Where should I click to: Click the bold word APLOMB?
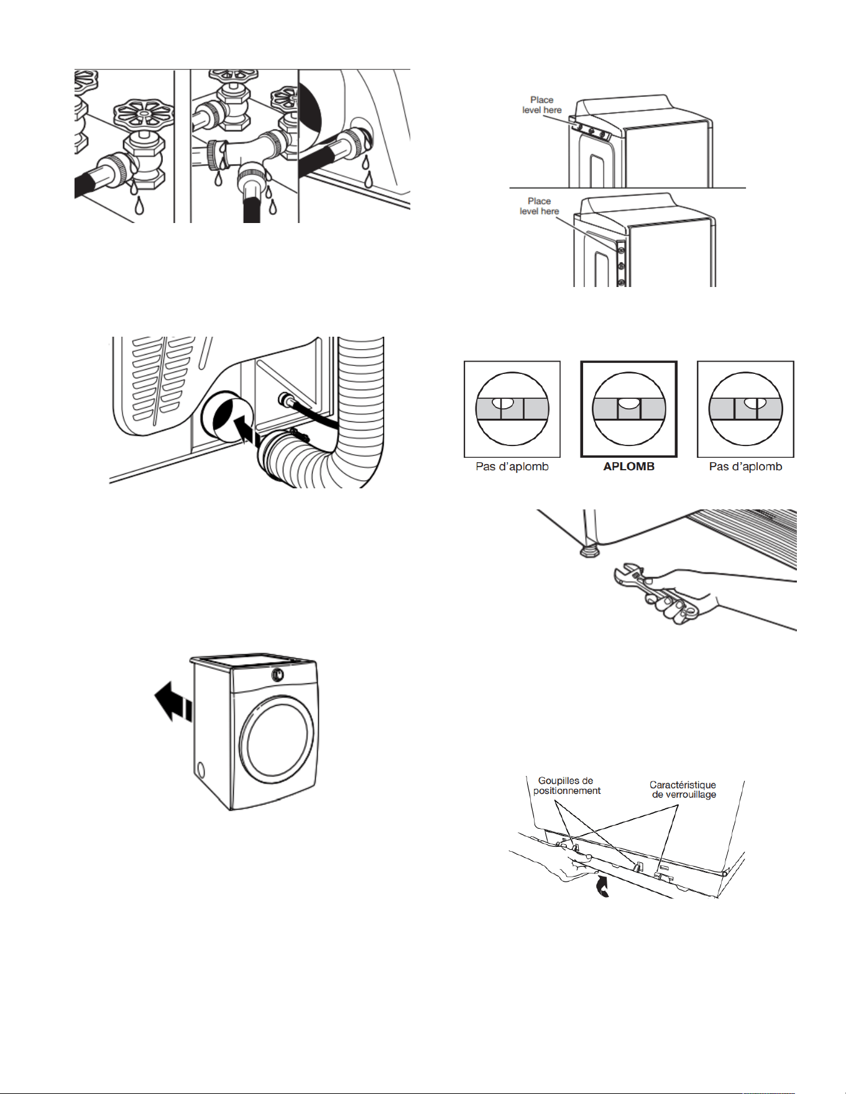(x=628, y=467)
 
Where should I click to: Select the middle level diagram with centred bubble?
(x=628, y=409)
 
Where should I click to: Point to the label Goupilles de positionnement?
(x=566, y=785)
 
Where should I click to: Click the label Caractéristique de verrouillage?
(x=683, y=790)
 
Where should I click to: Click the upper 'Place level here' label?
(x=542, y=104)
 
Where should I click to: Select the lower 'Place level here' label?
(x=540, y=206)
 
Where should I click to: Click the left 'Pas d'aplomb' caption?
(x=512, y=467)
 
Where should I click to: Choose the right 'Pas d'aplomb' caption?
(x=745, y=467)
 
